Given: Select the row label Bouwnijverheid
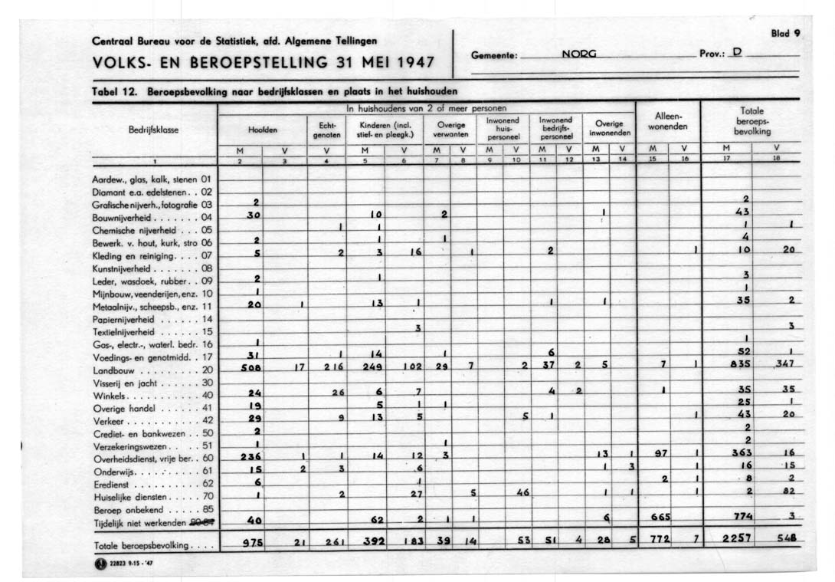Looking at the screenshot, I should tap(126, 217).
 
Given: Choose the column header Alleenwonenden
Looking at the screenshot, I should tap(668, 121).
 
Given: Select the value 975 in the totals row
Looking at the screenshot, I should tap(253, 543).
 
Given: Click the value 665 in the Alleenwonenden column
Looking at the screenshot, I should tap(661, 517).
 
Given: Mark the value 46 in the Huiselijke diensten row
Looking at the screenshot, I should tap(523, 493).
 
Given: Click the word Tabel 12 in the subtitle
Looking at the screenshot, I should tap(113, 92).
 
